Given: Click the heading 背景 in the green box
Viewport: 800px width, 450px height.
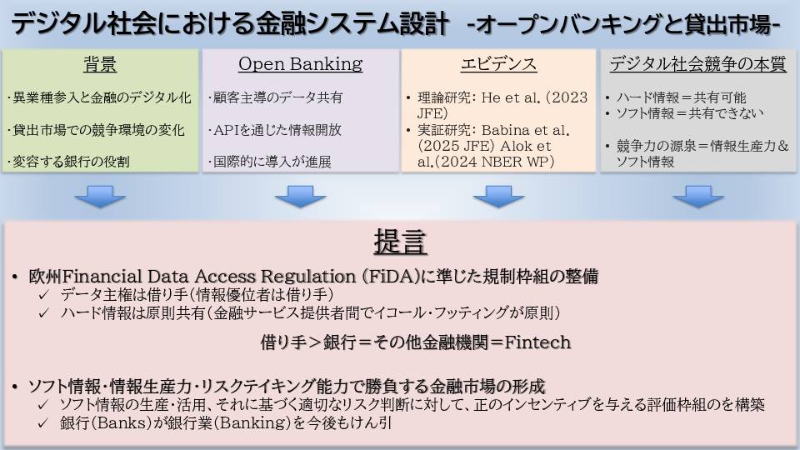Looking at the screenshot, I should coord(100,65).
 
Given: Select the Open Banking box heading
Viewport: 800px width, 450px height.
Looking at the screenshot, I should coord(300,64).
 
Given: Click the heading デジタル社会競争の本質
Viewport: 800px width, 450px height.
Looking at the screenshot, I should coord(698,65).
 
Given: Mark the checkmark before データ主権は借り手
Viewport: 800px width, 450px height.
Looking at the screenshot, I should coord(45,295).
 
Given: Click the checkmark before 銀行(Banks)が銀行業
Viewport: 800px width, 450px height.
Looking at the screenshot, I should coord(45,423).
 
